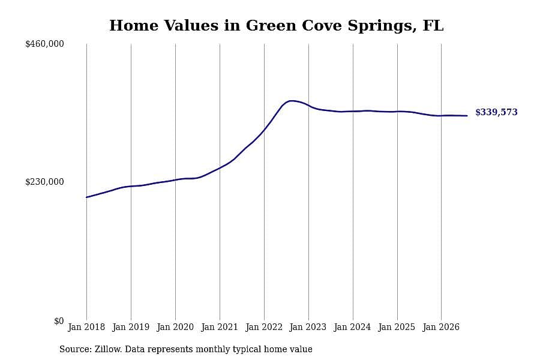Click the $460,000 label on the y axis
[44, 44]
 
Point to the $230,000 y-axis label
[44, 182]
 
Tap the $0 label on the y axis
[59, 321]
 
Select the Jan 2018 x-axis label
[86, 327]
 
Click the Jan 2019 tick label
[131, 327]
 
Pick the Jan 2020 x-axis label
[175, 327]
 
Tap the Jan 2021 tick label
[220, 327]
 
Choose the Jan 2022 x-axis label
[264, 327]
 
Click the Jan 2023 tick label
[308, 327]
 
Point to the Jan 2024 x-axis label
[352, 327]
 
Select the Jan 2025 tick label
[397, 327]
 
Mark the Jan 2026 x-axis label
[441, 327]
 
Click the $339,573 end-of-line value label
[496, 112]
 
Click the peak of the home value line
[292, 101]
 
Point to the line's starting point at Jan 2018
[86, 197]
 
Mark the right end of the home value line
[467, 116]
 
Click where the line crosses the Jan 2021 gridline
[220, 168]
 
